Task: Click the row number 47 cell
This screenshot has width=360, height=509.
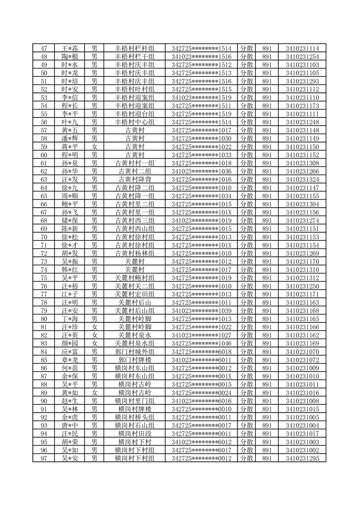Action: (x=44, y=49)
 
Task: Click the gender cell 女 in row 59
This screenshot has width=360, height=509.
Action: (x=94, y=147)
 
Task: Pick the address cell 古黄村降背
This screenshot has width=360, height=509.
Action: (x=135, y=180)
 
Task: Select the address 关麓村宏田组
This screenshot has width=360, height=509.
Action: (x=135, y=294)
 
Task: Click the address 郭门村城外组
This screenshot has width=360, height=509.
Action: (x=135, y=352)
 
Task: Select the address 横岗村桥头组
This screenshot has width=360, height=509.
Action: (x=135, y=417)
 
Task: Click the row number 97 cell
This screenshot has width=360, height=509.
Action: (x=44, y=458)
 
